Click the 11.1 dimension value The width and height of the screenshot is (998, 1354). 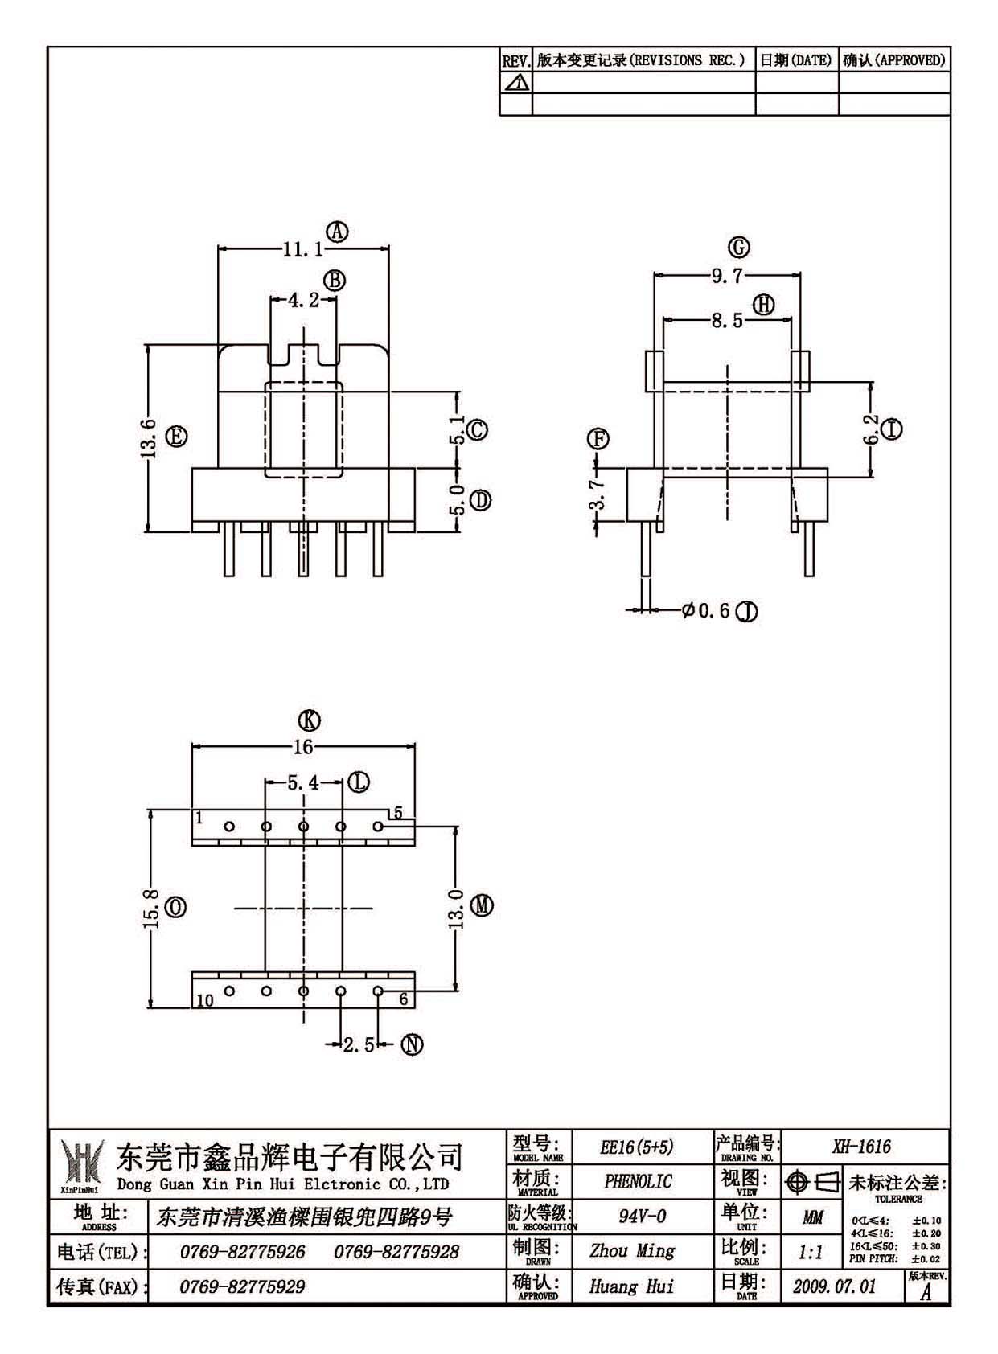(303, 249)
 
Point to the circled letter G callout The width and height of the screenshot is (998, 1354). (739, 247)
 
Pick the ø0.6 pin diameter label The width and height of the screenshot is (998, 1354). (705, 610)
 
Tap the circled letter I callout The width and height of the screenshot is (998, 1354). (892, 429)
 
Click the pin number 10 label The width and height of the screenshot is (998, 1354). (205, 1000)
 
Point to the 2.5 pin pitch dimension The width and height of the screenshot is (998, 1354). (359, 1044)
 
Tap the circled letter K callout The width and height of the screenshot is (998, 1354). (310, 720)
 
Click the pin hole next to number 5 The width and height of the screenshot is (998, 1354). (379, 827)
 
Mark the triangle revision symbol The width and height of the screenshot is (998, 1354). (515, 83)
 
